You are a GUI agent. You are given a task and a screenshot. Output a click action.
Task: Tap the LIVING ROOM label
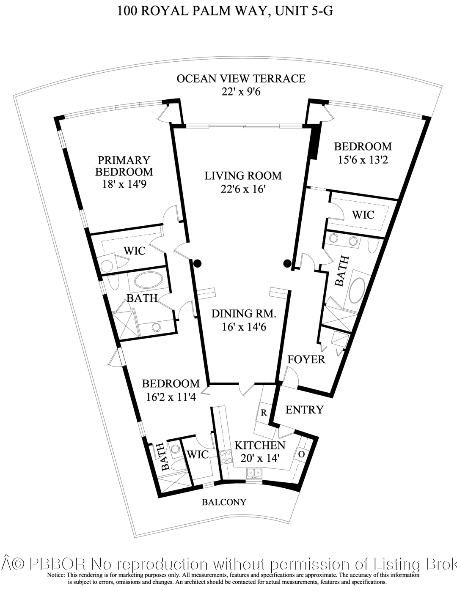[243, 176]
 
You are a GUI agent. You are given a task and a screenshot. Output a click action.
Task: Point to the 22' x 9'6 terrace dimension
[241, 92]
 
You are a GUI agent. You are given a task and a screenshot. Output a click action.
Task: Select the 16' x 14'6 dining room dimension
[244, 327]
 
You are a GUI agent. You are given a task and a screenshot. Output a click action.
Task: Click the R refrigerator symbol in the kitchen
[264, 413]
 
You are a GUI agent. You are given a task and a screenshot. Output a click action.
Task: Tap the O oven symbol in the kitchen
[301, 454]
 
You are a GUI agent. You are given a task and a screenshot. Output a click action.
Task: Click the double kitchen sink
[254, 473]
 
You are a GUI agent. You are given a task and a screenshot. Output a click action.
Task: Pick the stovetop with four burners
[226, 457]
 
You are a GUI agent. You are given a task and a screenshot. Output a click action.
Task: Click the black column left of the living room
[197, 263]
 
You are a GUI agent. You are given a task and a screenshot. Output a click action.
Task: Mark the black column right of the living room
[287, 263]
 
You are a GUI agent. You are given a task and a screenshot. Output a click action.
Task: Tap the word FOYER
[306, 360]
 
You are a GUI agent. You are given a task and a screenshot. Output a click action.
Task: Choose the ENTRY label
[304, 409]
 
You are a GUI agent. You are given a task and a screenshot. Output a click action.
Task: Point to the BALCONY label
[224, 502]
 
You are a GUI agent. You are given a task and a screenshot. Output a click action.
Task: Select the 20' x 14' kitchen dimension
[260, 459]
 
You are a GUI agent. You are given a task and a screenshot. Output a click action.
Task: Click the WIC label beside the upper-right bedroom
[363, 215]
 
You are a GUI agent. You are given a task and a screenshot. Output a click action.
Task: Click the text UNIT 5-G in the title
[304, 11]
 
